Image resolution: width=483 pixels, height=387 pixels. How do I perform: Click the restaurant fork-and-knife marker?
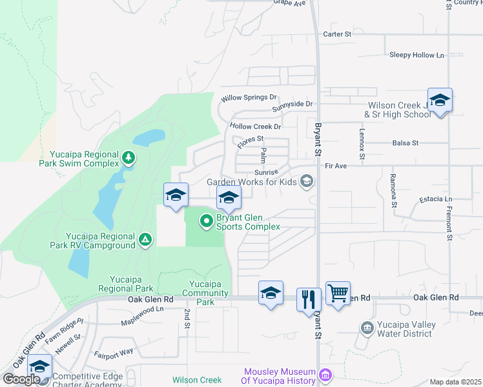pos(309,299)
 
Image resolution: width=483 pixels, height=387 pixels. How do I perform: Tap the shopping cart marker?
pos(338,293)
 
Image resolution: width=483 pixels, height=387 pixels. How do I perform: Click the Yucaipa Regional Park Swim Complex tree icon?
pos(128,157)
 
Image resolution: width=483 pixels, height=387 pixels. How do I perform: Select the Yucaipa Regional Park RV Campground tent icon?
pos(146,240)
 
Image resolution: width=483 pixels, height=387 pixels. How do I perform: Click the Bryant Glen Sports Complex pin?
pos(207,222)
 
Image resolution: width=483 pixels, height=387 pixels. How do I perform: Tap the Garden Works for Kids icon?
pos(307,181)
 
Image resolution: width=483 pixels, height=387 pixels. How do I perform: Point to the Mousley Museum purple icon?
pos(325,374)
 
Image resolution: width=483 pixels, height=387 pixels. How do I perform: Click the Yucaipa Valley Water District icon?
pos(367,328)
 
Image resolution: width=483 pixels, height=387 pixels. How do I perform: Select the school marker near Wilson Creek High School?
pos(440,100)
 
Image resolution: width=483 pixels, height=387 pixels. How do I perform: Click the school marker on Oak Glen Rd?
pos(271,292)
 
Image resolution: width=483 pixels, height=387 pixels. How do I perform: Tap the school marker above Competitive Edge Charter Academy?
pos(40,366)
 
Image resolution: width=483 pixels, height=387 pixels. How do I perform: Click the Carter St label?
pos(336,34)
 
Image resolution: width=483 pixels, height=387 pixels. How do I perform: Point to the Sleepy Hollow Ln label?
pos(417,55)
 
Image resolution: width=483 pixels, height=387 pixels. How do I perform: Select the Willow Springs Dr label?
pos(249,98)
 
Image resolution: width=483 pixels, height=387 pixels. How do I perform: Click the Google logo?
pos(22,379)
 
